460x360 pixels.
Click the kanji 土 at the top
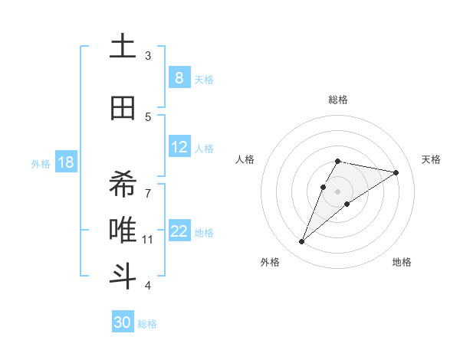[122, 47]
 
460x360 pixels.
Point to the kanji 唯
[122, 229]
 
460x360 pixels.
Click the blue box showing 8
[179, 78]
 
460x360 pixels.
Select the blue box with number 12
[179, 148]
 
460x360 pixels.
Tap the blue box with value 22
[179, 232]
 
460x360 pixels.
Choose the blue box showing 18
[65, 162]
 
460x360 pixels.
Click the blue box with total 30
[123, 322]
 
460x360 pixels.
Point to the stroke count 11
[148, 240]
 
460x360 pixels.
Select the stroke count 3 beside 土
[148, 56]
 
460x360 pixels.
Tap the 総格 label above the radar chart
[337, 100]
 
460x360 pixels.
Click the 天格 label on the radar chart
[431, 159]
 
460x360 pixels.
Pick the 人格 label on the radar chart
[245, 159]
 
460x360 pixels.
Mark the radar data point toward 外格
[302, 242]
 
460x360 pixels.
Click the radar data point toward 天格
[396, 172]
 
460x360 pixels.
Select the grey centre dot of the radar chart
[337, 191]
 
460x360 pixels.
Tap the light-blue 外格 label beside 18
[40, 163]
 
